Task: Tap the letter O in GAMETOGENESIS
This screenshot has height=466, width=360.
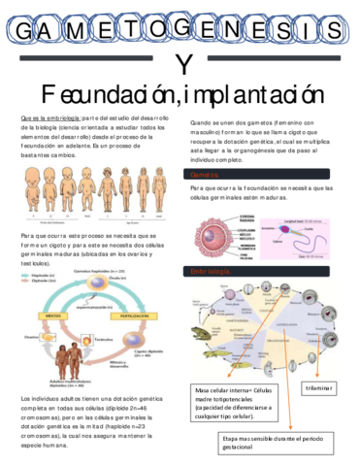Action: pyautogui.click(x=156, y=32)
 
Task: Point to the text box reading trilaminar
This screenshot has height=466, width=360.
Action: pyautogui.click(x=318, y=388)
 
